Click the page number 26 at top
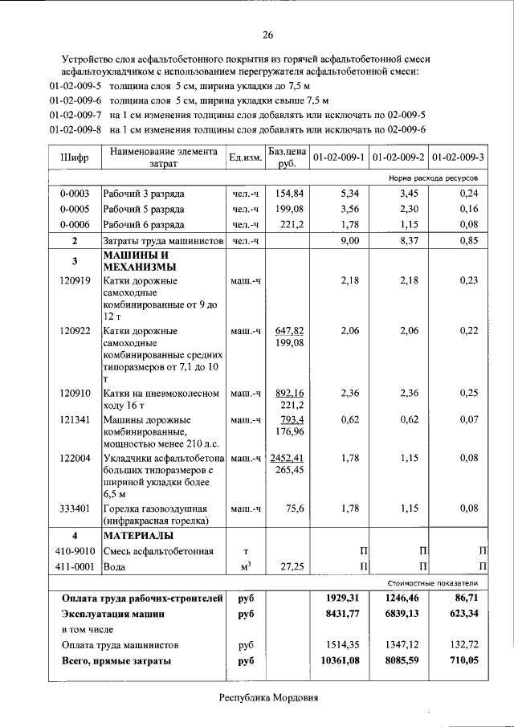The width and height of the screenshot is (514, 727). coord(267,35)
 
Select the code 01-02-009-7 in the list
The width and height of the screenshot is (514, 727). coord(75,115)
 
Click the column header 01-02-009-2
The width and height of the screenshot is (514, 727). coord(399,157)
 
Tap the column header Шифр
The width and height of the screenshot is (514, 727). coord(74,157)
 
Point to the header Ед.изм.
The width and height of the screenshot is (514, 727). coord(246,157)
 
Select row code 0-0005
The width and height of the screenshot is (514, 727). coord(74,210)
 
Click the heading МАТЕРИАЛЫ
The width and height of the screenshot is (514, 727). coord(137,535)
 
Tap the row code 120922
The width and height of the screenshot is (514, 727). coord(75,330)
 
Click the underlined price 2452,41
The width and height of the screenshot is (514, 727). coord(287,458)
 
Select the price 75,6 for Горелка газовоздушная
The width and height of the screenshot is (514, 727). coord(292,508)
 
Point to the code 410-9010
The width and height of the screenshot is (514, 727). coord(75,551)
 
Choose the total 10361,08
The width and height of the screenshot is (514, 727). coord(344,660)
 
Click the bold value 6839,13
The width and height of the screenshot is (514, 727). coord(402,613)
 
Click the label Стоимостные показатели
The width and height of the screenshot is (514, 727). coord(432,582)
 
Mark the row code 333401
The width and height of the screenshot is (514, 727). coord(75,508)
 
